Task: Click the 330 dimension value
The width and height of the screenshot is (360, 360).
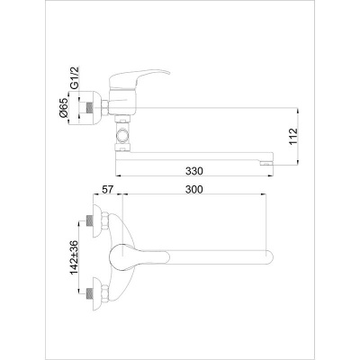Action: [194, 171]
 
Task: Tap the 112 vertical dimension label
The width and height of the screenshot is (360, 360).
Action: [293, 137]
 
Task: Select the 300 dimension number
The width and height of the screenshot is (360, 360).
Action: [193, 189]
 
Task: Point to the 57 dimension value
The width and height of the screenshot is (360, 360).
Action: [107, 189]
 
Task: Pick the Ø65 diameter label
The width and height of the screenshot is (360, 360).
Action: [64, 108]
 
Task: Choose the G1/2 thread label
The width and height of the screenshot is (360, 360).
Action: [74, 77]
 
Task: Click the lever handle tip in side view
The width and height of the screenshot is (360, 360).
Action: [167, 73]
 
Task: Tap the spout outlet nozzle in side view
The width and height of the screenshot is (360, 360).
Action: [266, 163]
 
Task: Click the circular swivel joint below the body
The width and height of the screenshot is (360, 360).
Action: [122, 136]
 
